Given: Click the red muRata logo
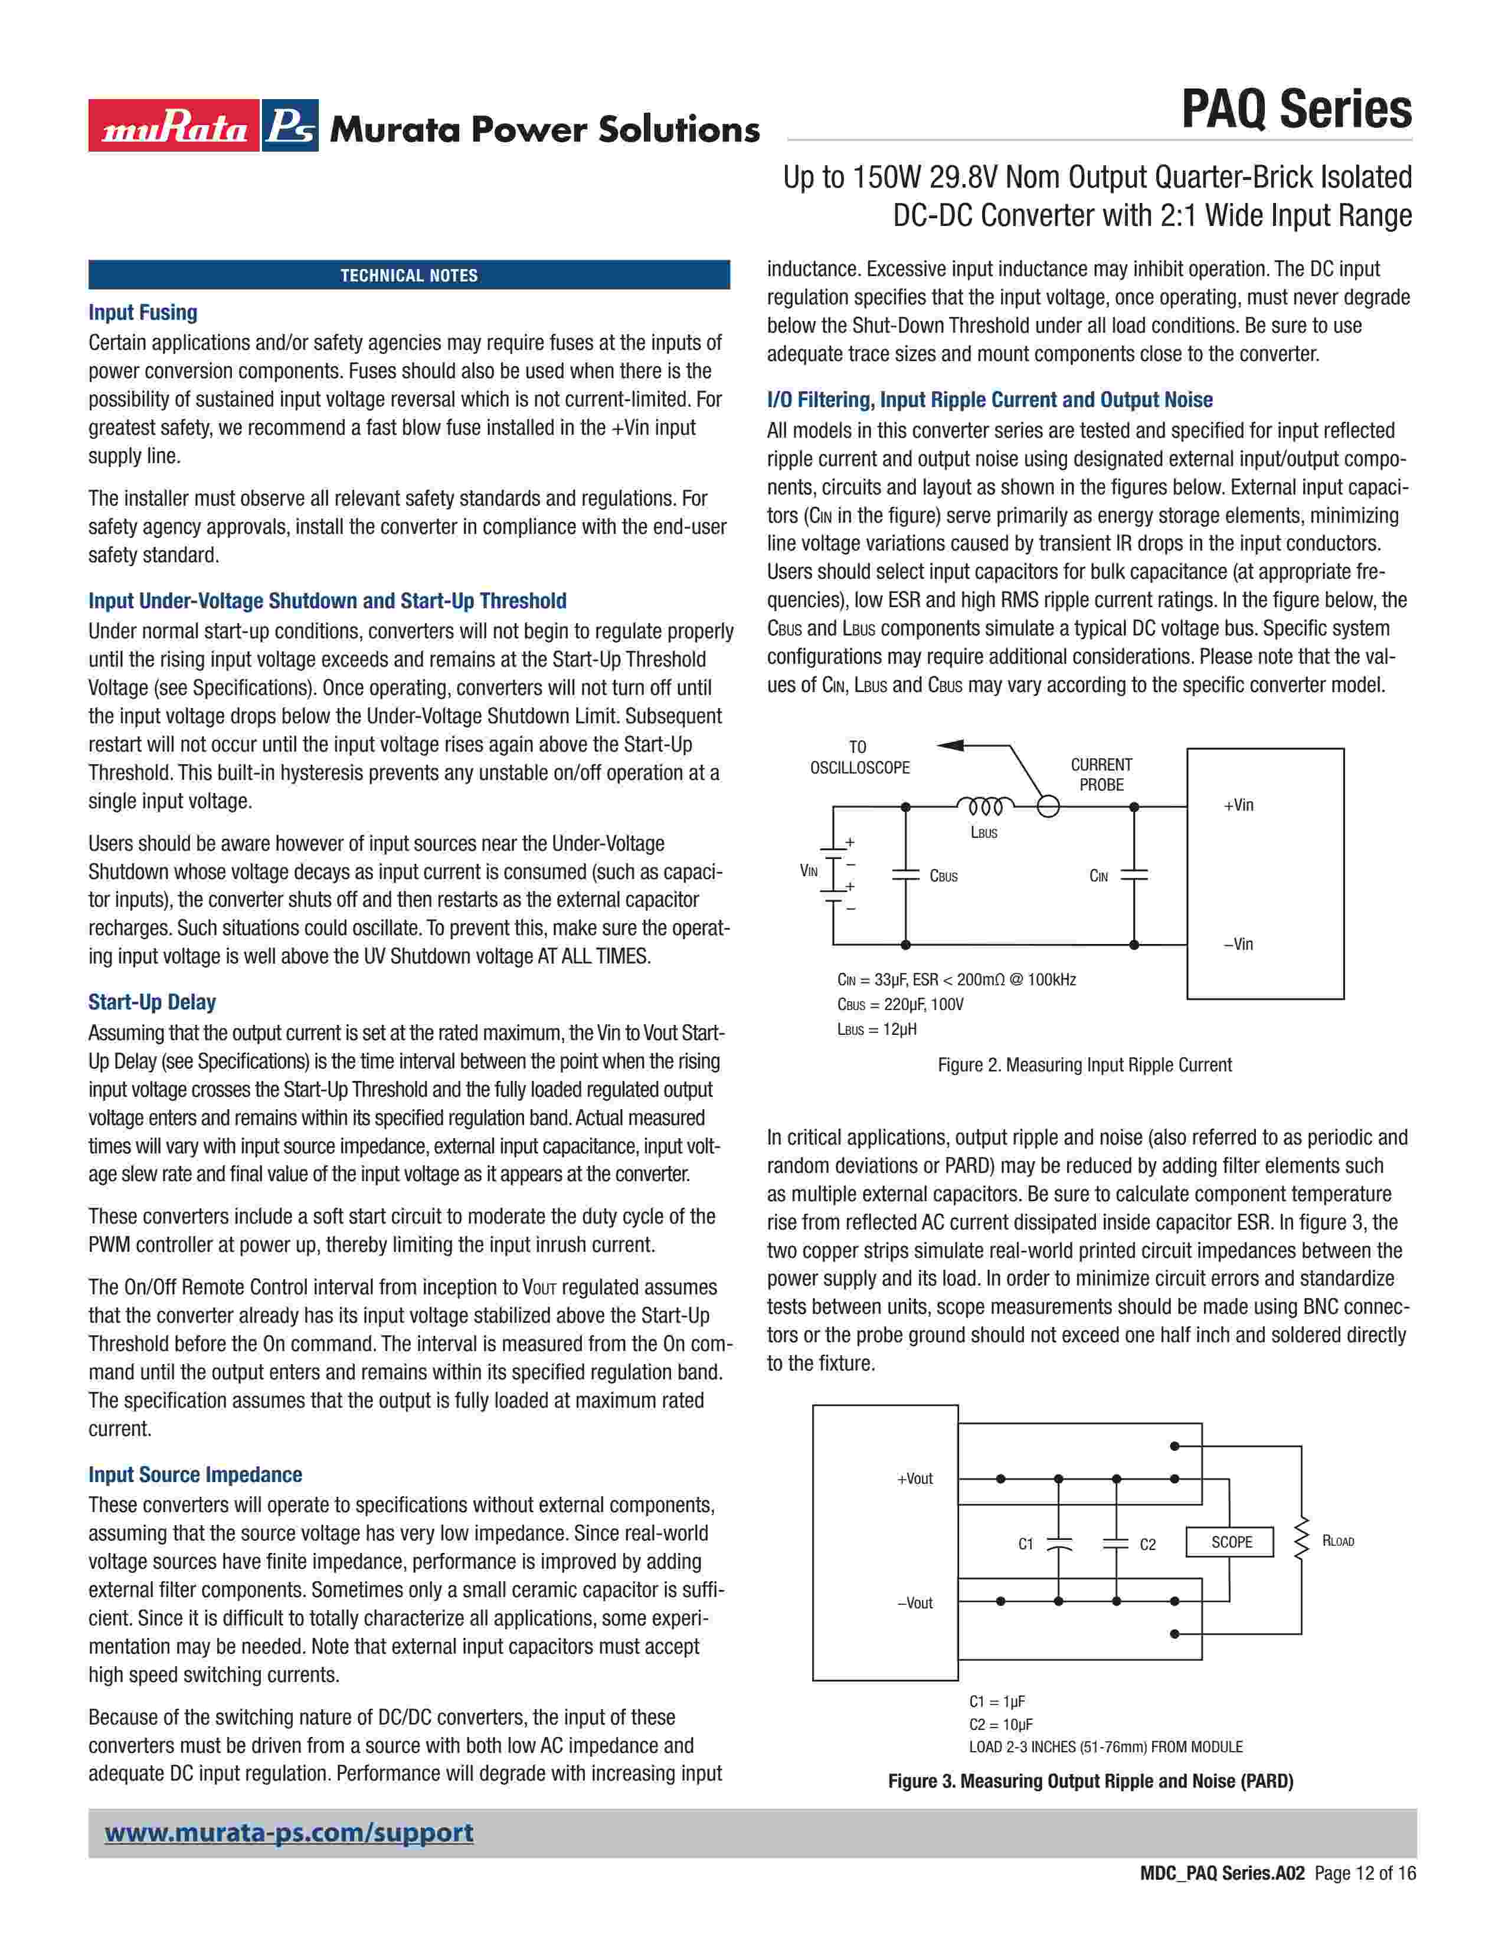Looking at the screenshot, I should pyautogui.click(x=174, y=126).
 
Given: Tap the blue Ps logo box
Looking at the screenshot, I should pyautogui.click(x=290, y=126).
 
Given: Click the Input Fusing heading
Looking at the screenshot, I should pyautogui.click(x=143, y=313).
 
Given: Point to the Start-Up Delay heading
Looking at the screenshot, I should pyautogui.click(x=152, y=1002).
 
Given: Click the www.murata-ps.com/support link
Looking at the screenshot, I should pyautogui.click(x=289, y=1833).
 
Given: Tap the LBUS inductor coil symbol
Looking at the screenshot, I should pyautogui.click(x=984, y=806).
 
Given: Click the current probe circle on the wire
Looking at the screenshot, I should pyautogui.click(x=1049, y=807).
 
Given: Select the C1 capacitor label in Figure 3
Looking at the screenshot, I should pyautogui.click(x=1025, y=1544).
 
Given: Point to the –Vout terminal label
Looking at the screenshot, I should pyautogui.click(x=915, y=1603).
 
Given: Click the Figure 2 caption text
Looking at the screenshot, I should pyautogui.click(x=1084, y=1064).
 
